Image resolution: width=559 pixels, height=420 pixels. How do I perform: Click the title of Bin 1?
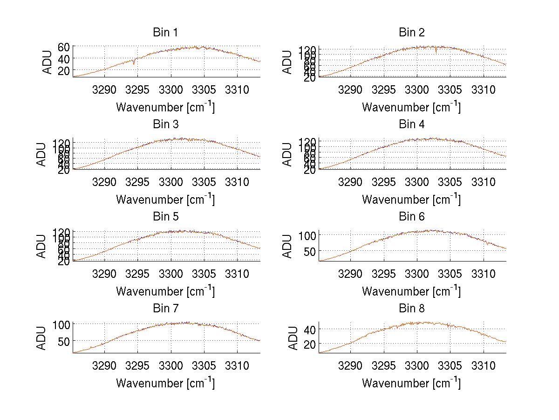[165, 33]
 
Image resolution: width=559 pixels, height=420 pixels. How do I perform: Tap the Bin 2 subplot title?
[411, 33]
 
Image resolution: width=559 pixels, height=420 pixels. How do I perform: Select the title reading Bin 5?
[165, 217]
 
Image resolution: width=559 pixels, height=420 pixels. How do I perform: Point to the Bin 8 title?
[411, 309]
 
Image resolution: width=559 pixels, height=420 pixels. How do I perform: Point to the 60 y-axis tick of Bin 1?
[64, 47]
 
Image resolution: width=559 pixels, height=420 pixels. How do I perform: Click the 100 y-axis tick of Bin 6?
[307, 234]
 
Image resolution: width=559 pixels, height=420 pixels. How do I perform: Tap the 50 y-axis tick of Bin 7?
[64, 341]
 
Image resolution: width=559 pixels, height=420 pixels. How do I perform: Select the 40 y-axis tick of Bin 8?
[310, 329]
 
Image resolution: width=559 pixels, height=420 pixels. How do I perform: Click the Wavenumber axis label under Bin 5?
[165, 291]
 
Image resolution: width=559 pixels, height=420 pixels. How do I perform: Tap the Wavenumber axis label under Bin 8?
[411, 383]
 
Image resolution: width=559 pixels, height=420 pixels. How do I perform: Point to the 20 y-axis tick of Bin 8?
[310, 344]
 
